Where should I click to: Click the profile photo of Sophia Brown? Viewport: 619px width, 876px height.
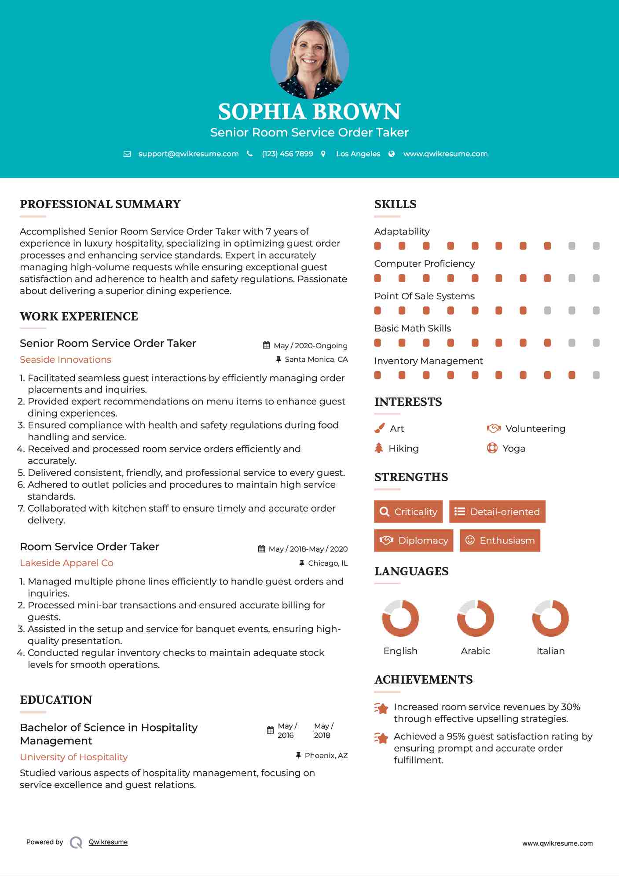click(x=309, y=59)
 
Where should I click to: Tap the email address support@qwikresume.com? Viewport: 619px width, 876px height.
click(x=188, y=154)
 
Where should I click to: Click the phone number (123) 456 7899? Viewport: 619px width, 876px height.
click(x=287, y=154)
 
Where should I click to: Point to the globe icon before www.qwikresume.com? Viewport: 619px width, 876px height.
click(x=392, y=154)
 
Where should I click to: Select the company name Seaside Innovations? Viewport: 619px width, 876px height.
click(x=66, y=360)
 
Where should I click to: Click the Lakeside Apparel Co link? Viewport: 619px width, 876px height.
click(x=66, y=563)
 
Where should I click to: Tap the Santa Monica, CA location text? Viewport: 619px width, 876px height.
click(x=316, y=360)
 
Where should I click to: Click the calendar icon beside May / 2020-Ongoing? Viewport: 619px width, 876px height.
click(x=266, y=345)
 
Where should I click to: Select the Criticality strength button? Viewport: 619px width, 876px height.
click(x=408, y=512)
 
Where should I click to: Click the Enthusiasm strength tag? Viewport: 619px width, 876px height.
click(x=500, y=541)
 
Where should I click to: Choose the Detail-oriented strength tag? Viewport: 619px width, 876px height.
click(x=497, y=512)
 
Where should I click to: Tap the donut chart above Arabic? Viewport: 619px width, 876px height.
click(x=475, y=618)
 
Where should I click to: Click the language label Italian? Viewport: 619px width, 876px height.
click(x=550, y=651)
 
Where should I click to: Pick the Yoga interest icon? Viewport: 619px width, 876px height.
click(x=492, y=448)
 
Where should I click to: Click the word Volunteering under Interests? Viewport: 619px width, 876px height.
click(x=535, y=429)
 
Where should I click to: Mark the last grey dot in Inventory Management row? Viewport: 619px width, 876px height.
click(x=596, y=375)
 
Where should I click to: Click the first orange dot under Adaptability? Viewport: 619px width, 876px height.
click(x=377, y=246)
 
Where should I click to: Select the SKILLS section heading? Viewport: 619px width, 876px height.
click(x=395, y=204)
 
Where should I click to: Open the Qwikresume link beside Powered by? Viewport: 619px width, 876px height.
click(x=108, y=842)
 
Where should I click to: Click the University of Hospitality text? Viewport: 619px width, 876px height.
click(x=74, y=757)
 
